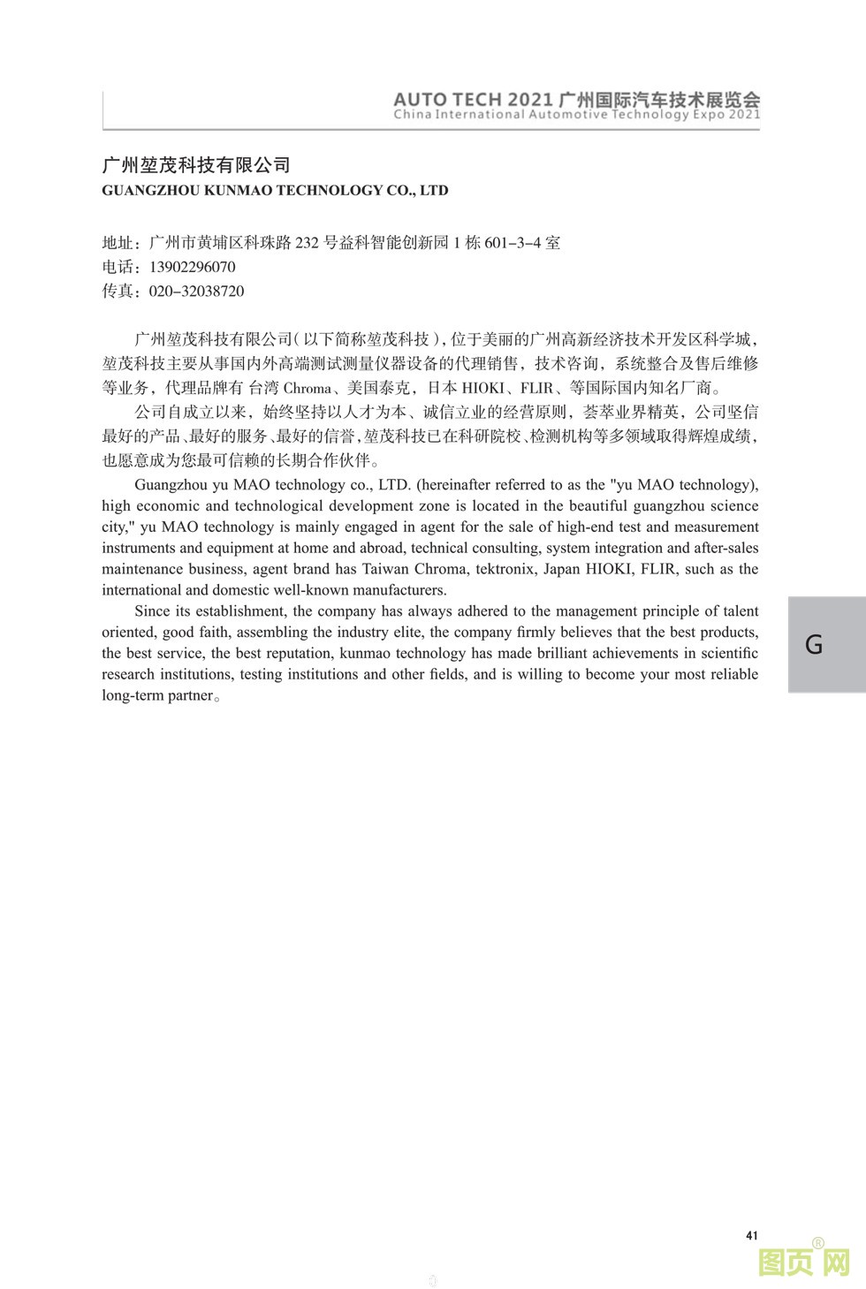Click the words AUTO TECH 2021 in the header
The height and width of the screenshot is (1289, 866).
click(474, 99)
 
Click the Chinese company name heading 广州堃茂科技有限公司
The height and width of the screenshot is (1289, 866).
click(196, 165)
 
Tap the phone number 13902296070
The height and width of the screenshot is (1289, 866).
click(193, 267)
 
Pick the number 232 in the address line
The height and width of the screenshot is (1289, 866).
click(306, 243)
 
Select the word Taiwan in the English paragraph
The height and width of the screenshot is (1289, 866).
click(387, 569)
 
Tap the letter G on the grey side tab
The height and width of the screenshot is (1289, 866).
click(814, 644)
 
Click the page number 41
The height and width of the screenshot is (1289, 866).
click(752, 1235)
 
